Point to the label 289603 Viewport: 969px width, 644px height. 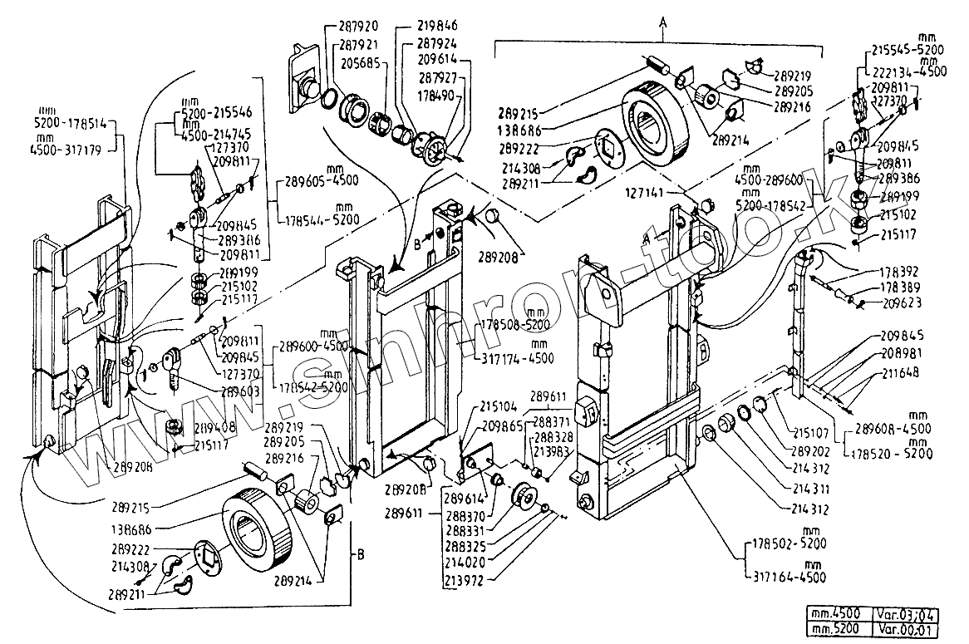pyautogui.click(x=241, y=391)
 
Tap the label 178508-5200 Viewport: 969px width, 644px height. pyautogui.click(x=515, y=325)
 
